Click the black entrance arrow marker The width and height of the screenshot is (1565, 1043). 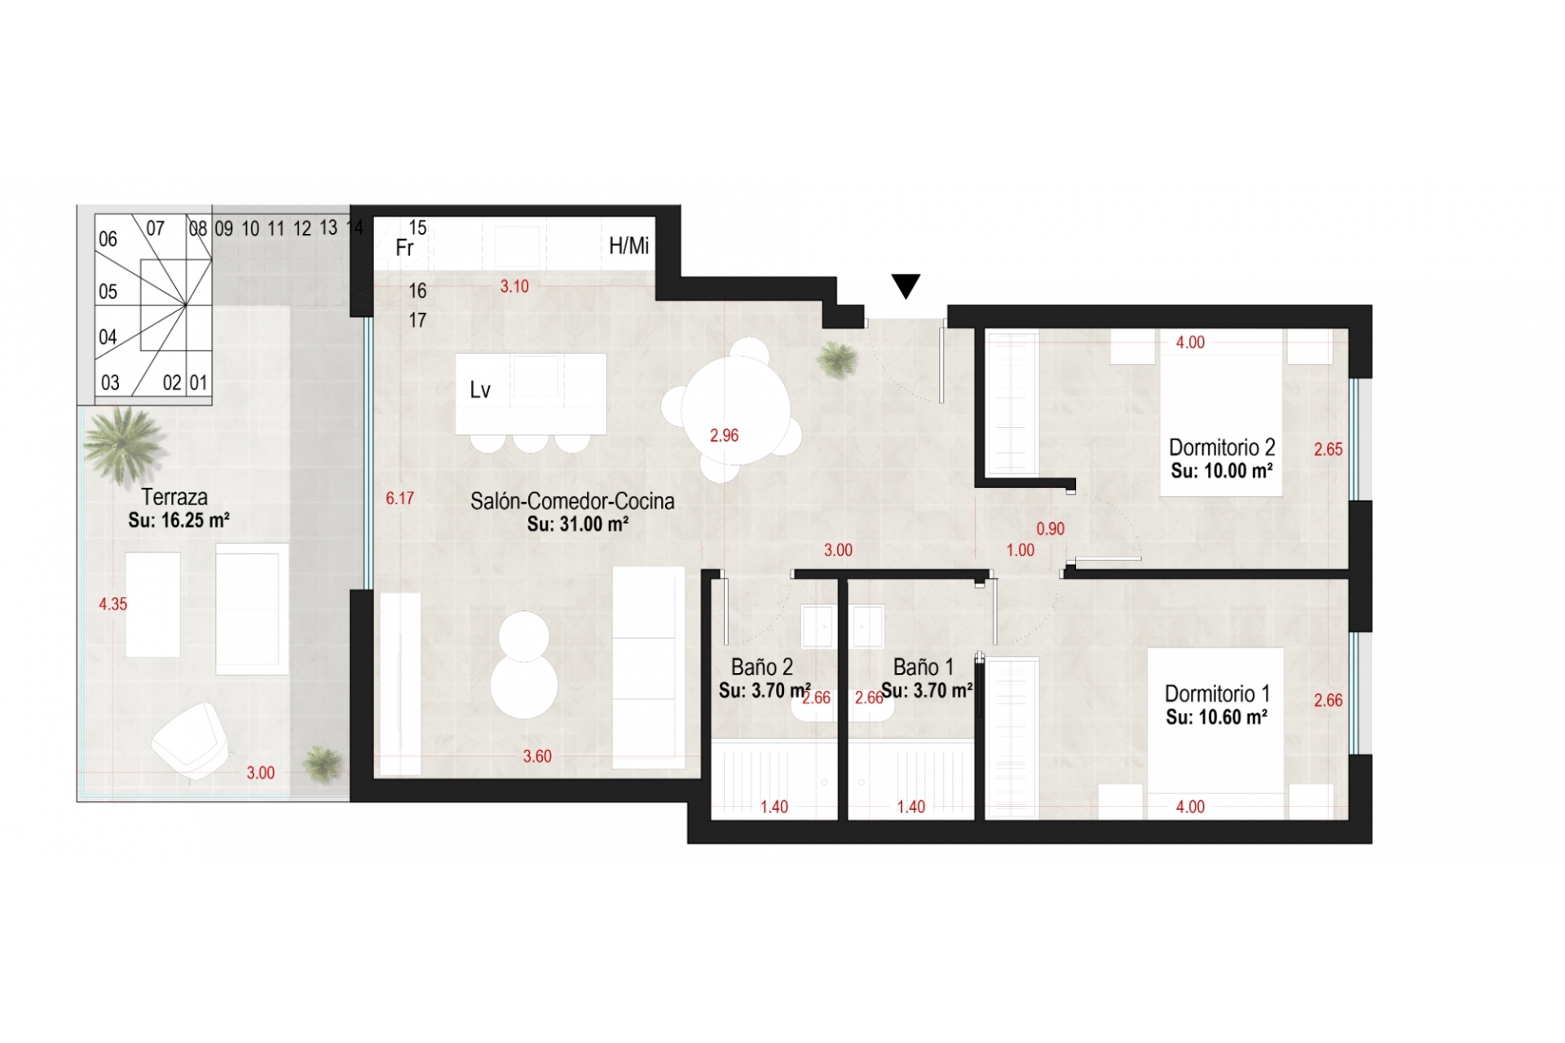click(x=906, y=286)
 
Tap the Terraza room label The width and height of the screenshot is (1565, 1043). click(x=174, y=496)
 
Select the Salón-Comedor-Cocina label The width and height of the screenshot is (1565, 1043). click(x=572, y=501)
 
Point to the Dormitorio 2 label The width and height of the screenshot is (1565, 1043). click(x=1222, y=447)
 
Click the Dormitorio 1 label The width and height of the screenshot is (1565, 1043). click(x=1217, y=693)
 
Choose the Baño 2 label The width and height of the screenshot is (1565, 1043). click(x=762, y=667)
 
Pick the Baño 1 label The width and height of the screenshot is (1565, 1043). click(x=924, y=667)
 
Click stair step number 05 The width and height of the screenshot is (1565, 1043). click(x=108, y=292)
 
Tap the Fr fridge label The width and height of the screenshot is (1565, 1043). click(x=404, y=247)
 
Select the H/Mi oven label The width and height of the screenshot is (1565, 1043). click(x=629, y=245)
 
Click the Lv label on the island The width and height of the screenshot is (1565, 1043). click(x=480, y=390)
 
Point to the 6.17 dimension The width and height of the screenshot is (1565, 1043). click(x=399, y=499)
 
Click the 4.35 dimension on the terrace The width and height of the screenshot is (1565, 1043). click(x=113, y=604)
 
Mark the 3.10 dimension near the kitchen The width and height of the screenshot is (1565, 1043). click(x=514, y=287)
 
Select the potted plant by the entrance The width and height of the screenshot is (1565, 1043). click(x=836, y=359)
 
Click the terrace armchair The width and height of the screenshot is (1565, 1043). click(x=190, y=740)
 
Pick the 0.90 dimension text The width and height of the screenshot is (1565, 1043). click(x=1051, y=529)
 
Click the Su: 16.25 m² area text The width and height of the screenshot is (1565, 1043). click(x=179, y=521)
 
